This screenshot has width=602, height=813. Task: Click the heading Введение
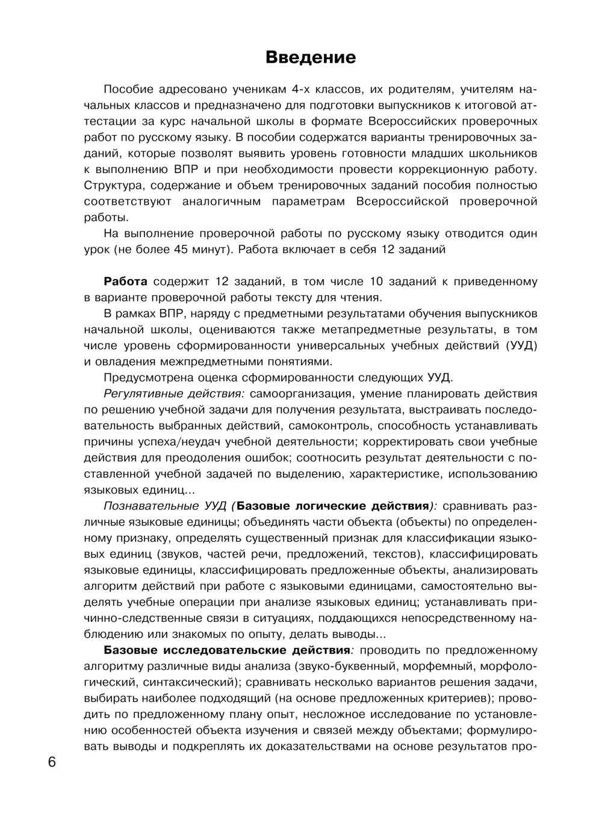(311, 58)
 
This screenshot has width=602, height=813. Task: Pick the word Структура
(112, 186)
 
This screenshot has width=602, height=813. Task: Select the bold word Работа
(126, 281)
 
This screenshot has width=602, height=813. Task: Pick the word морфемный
(435, 667)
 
